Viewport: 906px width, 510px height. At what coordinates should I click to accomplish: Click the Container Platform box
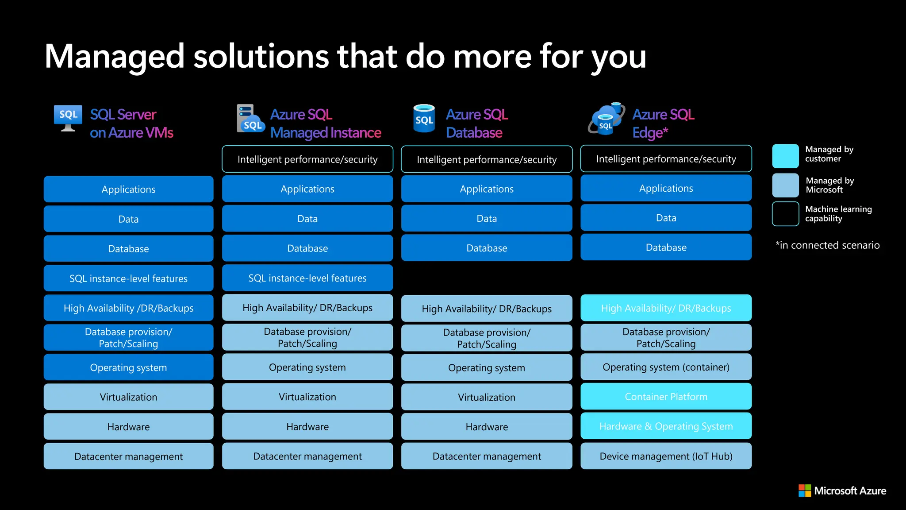pyautogui.click(x=666, y=397)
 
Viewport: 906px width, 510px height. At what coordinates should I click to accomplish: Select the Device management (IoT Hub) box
pyautogui.click(x=666, y=456)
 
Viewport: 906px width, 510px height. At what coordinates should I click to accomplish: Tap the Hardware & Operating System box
pyautogui.click(x=666, y=426)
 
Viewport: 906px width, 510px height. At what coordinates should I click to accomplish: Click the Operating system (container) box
pyautogui.click(x=666, y=367)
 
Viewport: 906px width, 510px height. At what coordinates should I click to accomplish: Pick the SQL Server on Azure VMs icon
pyautogui.click(x=68, y=118)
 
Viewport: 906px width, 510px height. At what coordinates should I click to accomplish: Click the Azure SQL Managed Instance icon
pyautogui.click(x=250, y=119)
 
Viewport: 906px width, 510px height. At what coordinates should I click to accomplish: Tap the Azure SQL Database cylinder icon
pyautogui.click(x=424, y=119)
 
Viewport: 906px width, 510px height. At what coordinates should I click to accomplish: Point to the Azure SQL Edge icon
pyautogui.click(x=607, y=119)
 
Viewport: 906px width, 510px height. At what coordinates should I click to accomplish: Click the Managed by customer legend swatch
pyautogui.click(x=785, y=156)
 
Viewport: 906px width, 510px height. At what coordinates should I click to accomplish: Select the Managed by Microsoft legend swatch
pyautogui.click(x=785, y=185)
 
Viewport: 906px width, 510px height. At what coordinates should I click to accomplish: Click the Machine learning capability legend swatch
pyautogui.click(x=785, y=214)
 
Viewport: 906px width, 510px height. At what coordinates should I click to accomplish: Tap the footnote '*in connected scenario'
pyautogui.click(x=827, y=245)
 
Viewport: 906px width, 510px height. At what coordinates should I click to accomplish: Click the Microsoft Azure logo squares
pyautogui.click(x=805, y=491)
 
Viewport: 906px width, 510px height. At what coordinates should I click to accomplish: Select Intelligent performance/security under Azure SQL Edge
pyautogui.click(x=666, y=159)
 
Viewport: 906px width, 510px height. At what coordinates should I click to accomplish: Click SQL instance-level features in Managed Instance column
pyautogui.click(x=307, y=278)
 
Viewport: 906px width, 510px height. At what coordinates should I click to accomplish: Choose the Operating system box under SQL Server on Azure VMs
pyautogui.click(x=128, y=367)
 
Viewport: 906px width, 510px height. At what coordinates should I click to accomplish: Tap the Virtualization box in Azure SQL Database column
pyautogui.click(x=487, y=397)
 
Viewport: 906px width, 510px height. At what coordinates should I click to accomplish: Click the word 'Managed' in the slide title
pyautogui.click(x=114, y=57)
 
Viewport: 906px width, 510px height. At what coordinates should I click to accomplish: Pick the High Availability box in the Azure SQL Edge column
pyautogui.click(x=666, y=308)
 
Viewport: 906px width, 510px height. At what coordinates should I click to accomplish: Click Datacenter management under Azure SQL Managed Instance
pyautogui.click(x=307, y=456)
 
